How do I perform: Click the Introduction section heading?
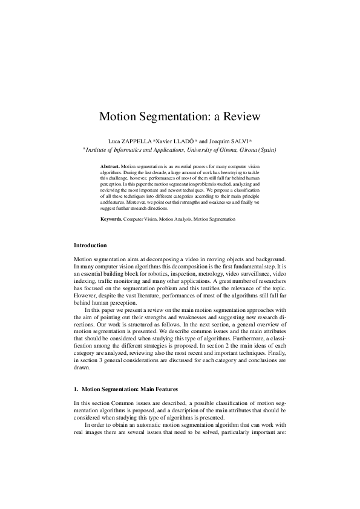pos(90,245)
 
